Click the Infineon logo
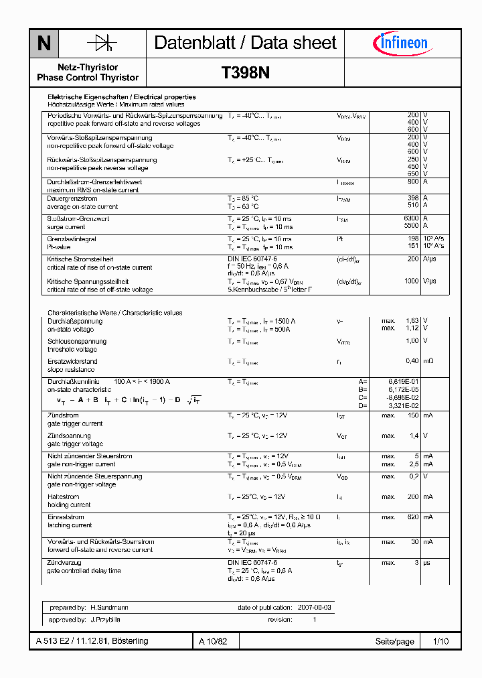401,44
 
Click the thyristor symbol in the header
102,44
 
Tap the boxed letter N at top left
44,44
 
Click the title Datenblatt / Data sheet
245,43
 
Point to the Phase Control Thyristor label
88,78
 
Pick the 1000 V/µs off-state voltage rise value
410,281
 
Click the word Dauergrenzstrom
72,198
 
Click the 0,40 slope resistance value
412,361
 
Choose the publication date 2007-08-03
313,607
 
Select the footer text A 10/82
214,641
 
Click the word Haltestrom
63,496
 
